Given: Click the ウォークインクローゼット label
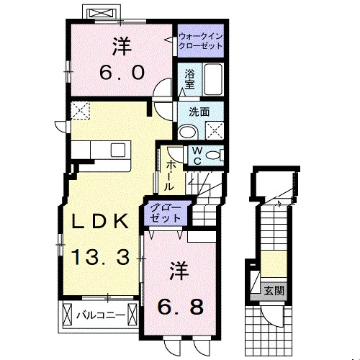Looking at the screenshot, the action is [x=201, y=41].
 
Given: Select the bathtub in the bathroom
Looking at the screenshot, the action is [x=212, y=79].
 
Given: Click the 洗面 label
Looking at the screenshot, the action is [x=199, y=112].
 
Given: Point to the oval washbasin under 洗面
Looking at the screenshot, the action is [x=188, y=132].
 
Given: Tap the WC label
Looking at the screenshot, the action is [x=197, y=156].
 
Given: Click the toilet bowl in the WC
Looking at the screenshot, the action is [x=214, y=156].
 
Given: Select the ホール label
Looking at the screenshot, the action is [x=169, y=176].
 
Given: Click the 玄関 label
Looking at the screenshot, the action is [x=274, y=291].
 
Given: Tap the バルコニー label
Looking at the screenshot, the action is [x=101, y=315].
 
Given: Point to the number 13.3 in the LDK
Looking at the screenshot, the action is [x=100, y=257].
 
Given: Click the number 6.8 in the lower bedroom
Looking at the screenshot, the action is [x=181, y=307].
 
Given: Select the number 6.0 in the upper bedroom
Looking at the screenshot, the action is [x=122, y=73].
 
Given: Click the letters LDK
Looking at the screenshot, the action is [x=100, y=221].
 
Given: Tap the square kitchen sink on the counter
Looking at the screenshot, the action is [x=118, y=150].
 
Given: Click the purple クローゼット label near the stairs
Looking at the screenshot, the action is [x=166, y=213].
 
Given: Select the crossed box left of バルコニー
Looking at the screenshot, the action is [x=67, y=314].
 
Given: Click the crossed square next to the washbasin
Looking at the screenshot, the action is [x=215, y=130].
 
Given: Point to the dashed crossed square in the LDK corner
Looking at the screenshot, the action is [x=81, y=110].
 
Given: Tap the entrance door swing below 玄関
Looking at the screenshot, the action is [x=271, y=316].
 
